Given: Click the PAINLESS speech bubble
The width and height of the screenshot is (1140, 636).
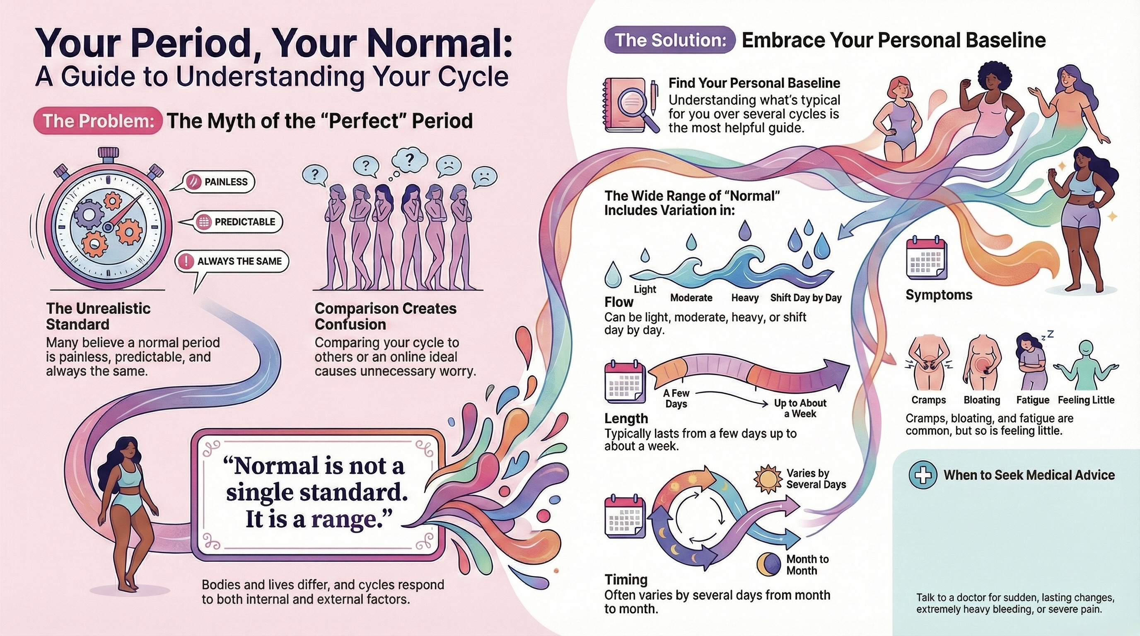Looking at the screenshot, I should coord(220,182).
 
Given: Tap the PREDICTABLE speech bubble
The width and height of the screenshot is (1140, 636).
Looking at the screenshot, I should coord(238,222).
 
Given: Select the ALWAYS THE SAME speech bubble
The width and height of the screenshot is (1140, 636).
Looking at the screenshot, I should coord(232,261).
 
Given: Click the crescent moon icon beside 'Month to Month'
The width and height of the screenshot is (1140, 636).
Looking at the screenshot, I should coord(769,564).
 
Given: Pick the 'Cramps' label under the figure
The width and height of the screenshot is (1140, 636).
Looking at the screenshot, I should coord(928,400).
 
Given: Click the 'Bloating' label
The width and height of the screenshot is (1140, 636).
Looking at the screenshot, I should coord(982,400).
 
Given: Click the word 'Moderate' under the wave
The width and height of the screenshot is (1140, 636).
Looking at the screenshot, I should coord(691,298).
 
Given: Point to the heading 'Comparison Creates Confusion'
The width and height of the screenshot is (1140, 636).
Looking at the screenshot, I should coord(385,316).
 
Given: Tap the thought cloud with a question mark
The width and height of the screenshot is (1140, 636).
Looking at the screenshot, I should coord(410,160).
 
